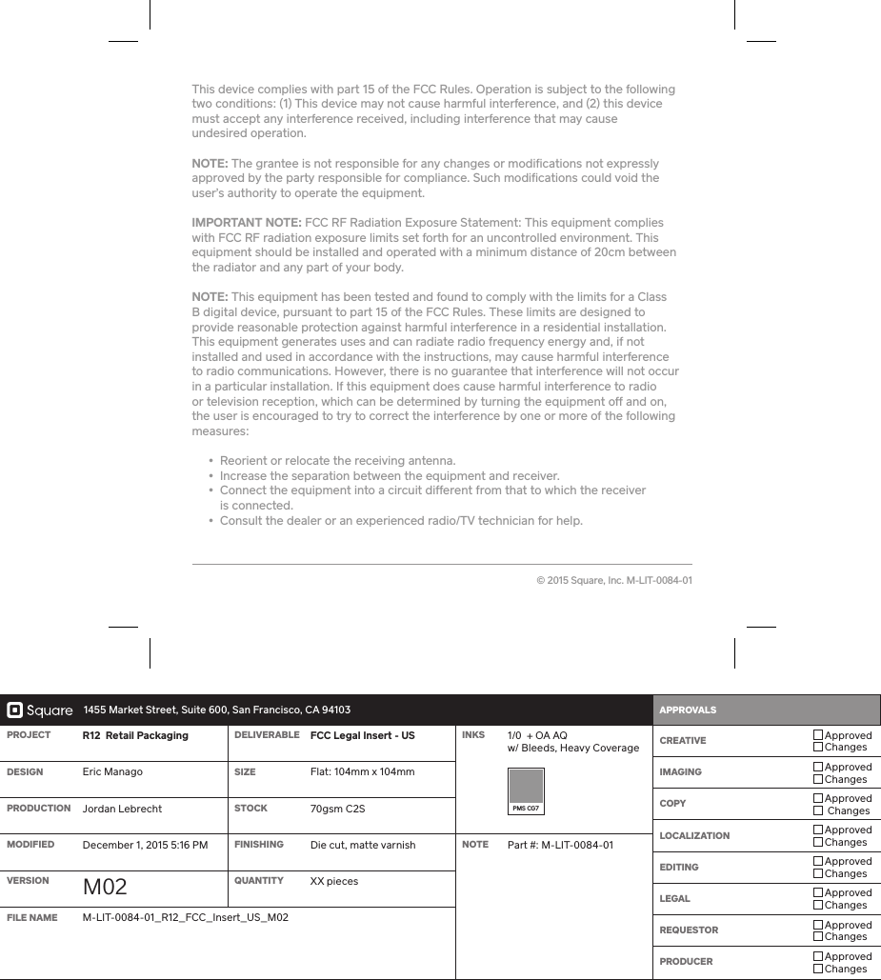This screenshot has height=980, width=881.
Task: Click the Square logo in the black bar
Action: (40, 710)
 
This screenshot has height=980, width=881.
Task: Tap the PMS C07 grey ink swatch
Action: (526, 787)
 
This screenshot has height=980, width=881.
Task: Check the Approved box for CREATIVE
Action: (818, 735)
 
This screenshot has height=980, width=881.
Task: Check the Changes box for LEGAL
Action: (818, 905)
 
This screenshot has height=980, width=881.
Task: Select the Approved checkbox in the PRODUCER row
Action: (818, 956)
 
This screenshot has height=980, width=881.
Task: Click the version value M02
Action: (105, 887)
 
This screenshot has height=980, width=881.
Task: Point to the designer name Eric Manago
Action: (112, 771)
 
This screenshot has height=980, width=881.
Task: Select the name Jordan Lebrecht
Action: (122, 809)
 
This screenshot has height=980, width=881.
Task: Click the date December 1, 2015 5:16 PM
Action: (145, 845)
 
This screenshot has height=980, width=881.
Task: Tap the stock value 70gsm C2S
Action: (337, 809)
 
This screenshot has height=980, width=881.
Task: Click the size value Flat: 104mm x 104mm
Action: (362, 771)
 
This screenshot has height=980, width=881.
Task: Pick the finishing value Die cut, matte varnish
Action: (362, 845)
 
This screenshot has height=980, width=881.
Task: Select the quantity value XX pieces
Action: (334, 881)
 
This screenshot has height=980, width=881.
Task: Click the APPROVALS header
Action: (688, 710)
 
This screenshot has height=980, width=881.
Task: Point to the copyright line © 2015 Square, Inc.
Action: (613, 580)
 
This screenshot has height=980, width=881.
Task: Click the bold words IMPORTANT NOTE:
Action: (247, 223)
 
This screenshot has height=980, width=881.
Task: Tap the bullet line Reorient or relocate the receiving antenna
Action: (337, 461)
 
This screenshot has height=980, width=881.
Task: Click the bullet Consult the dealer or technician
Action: (400, 521)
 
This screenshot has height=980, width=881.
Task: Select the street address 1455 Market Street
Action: (217, 710)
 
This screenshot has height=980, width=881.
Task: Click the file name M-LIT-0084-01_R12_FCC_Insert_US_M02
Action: (186, 917)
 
